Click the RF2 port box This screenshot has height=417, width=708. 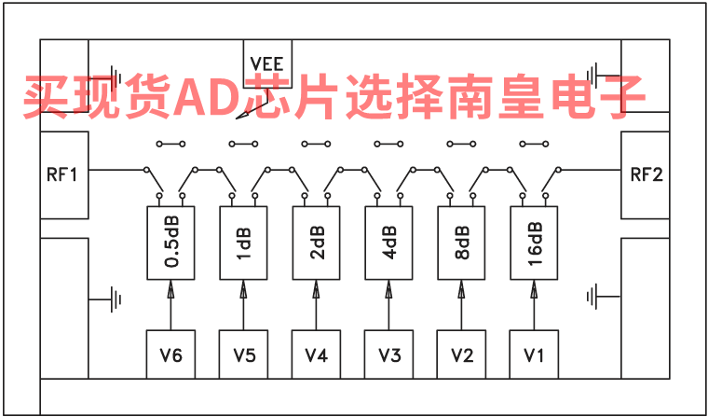coord(646,175)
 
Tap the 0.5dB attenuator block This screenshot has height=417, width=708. coord(170,243)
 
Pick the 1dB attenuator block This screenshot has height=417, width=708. coord(244,243)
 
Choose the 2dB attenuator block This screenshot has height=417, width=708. coord(317,243)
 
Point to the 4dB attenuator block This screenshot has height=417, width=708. coord(388,243)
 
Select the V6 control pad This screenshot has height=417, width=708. coord(170,354)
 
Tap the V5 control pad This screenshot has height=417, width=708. coord(244,354)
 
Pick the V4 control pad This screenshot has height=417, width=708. coord(317,354)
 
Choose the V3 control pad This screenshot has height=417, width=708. coord(388,354)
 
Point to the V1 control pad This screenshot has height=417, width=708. coord(533,354)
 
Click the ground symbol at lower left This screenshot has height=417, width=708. coord(116,299)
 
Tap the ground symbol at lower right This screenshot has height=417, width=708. coord(593,298)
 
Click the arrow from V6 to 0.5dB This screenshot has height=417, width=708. coord(170,304)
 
